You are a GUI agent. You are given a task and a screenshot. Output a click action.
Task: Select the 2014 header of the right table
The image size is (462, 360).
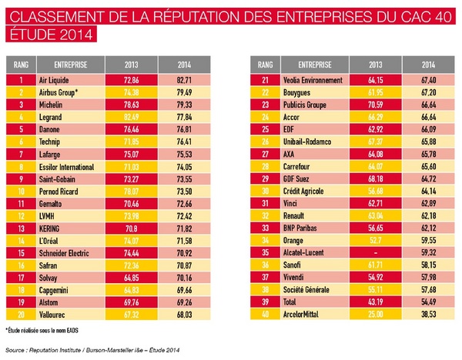tap(429, 65)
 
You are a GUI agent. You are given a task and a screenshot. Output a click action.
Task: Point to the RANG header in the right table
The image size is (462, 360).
tap(265, 65)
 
